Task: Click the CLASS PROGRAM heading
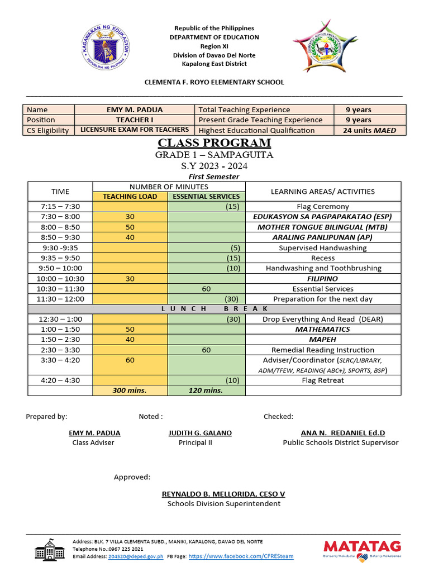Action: coord(214,143)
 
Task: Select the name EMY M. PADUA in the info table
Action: coord(134,110)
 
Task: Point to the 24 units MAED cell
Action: coord(369,130)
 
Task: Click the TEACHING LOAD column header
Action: coord(130,196)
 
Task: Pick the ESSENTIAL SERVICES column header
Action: coord(206,196)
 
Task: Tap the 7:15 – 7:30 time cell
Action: coord(60,207)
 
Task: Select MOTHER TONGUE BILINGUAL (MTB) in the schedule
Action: coord(322,227)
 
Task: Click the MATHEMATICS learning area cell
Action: coord(322,330)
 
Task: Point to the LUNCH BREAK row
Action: coord(214,309)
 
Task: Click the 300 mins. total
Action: coord(130,390)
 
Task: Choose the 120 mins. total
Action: coord(206,390)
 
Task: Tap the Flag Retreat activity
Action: coord(322,380)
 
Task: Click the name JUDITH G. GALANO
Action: coord(200,433)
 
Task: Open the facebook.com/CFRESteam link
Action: coord(240,556)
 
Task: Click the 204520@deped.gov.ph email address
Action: coord(136,556)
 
